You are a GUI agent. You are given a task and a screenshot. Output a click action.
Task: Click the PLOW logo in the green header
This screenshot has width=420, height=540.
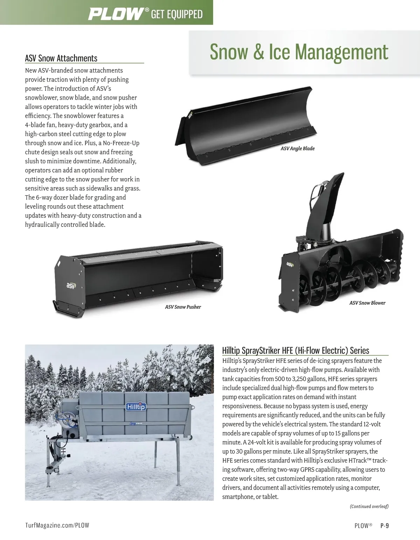(x=116, y=14)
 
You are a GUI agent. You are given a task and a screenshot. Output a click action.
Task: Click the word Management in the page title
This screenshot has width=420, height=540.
(x=342, y=52)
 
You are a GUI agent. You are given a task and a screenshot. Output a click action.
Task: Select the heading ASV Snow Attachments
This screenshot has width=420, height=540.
(x=61, y=58)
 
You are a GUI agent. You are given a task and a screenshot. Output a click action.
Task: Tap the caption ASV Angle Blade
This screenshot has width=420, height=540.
(x=297, y=149)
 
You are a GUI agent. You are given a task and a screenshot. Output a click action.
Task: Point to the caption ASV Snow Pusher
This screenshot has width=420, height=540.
(x=183, y=307)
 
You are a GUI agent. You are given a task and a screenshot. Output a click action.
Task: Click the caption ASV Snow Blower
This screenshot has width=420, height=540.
(x=367, y=303)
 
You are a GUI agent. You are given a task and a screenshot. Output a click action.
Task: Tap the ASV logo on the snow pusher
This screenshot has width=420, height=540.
(x=71, y=286)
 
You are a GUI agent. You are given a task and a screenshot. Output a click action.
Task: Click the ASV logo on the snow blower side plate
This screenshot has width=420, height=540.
(x=290, y=265)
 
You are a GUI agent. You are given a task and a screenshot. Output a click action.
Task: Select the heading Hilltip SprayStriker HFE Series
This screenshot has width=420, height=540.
(x=296, y=350)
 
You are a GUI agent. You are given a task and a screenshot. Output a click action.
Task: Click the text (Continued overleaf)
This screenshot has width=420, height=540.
(x=369, y=506)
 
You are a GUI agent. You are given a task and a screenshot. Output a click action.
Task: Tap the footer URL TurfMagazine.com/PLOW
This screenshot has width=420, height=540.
(x=57, y=525)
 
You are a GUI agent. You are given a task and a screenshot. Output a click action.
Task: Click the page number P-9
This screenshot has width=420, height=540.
(x=385, y=525)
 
